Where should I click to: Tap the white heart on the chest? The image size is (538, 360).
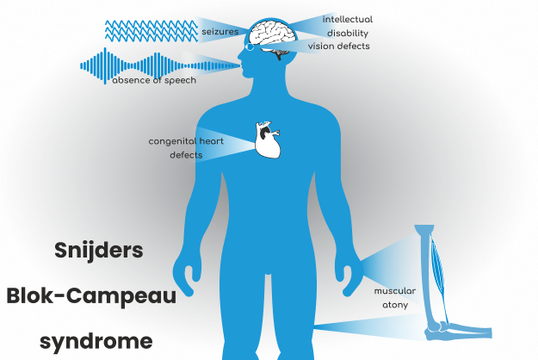(268, 140)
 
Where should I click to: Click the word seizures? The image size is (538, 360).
(220, 32)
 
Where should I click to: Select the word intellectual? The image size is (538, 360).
(347, 19)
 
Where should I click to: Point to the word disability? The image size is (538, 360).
(347, 34)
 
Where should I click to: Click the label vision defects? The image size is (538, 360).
(338, 47)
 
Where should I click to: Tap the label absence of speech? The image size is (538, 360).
(154, 80)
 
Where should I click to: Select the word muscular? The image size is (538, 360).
(394, 291)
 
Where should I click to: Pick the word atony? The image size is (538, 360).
(395, 305)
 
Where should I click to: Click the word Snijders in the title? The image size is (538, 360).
(99, 250)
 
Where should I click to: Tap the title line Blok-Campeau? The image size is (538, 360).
(91, 295)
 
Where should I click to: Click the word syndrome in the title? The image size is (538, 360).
(96, 341)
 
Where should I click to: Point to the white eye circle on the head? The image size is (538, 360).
(250, 47)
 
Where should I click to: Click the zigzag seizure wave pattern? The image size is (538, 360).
(152, 31)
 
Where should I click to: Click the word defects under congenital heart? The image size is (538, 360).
(186, 155)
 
